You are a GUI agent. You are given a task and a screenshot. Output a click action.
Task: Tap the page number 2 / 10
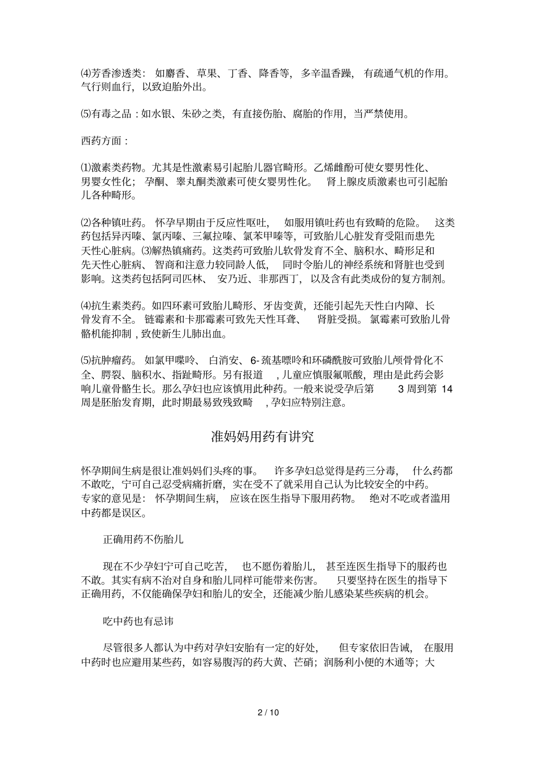(268, 712)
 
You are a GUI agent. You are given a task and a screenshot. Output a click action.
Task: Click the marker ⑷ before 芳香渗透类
(86, 73)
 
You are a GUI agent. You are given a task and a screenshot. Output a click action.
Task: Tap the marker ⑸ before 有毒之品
(86, 114)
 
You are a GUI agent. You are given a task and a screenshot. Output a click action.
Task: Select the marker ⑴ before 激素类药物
(86, 168)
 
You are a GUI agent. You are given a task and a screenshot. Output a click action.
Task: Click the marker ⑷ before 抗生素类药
(86, 306)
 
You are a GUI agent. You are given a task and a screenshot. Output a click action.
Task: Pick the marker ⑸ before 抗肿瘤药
(86, 360)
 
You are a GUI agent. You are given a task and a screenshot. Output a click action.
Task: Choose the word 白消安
(226, 360)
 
